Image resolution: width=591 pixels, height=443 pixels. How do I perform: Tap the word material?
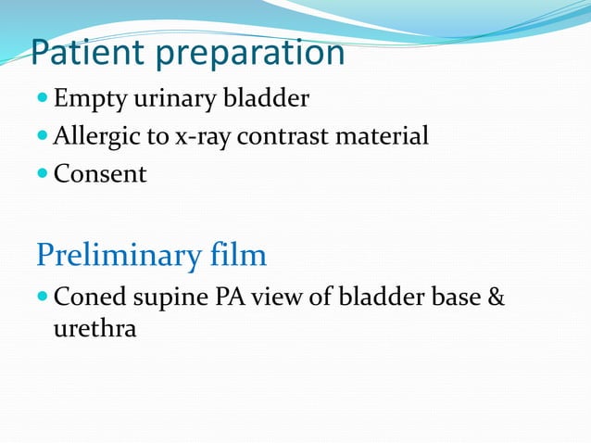(x=382, y=136)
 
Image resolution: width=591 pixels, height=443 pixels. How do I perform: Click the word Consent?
(x=100, y=173)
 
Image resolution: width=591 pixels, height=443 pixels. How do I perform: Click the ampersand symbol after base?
(x=497, y=298)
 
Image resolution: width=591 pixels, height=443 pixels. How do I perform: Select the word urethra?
(x=94, y=329)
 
